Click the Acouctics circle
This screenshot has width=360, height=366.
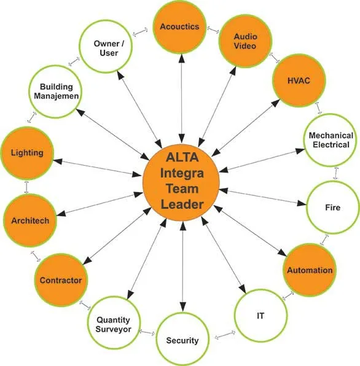tap(179, 27)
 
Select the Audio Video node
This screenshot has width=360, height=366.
tap(245, 41)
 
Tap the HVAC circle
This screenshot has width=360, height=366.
tap(299, 80)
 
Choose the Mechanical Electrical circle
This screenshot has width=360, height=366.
tap(331, 140)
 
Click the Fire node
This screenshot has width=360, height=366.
tap(333, 208)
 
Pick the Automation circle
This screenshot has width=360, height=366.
tap(310, 270)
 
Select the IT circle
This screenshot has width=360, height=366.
tap(261, 316)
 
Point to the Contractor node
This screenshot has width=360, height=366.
tap(61, 280)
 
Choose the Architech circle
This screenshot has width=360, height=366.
tap(30, 220)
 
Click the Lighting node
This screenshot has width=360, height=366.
tap(27, 153)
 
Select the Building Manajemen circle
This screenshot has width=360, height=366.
tap(55, 91)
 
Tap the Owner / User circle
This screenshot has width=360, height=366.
tap(106, 47)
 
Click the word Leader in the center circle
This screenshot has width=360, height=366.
tap(182, 204)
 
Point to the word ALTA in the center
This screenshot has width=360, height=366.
tap(182, 157)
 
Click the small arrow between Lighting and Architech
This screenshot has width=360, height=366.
tap(26, 187)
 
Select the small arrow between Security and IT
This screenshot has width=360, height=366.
tap(225, 335)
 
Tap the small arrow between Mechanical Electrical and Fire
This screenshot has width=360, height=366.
tap(335, 173)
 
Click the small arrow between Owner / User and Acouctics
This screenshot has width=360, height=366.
tap(140, 32)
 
